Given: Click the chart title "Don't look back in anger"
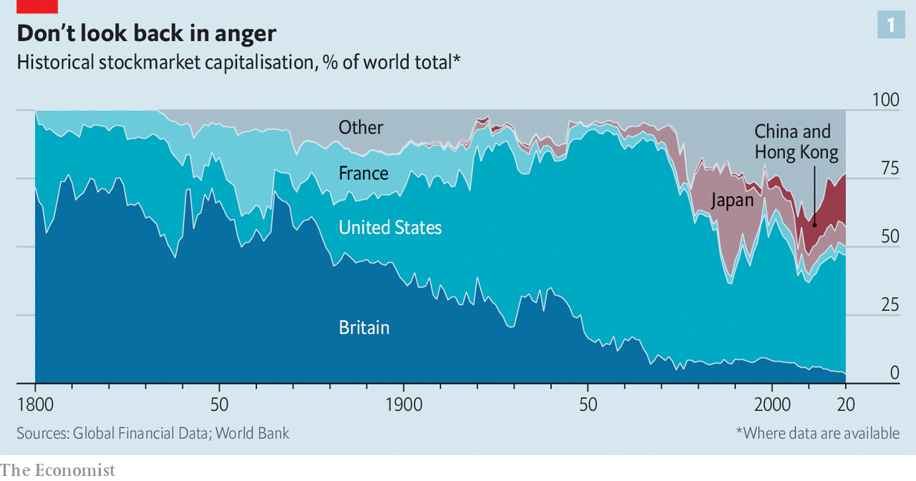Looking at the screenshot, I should pyautogui.click(x=146, y=33).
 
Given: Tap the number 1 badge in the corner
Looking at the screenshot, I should pyautogui.click(x=891, y=26).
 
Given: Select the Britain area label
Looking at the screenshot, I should pyautogui.click(x=364, y=328).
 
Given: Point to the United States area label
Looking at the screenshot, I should pyautogui.click(x=390, y=228).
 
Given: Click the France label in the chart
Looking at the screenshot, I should pyautogui.click(x=364, y=173).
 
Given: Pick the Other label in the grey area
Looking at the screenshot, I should pyautogui.click(x=361, y=127).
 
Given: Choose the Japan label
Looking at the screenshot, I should pyautogui.click(x=732, y=200).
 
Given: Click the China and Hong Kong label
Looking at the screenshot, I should pyautogui.click(x=796, y=142).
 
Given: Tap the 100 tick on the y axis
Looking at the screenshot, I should pyautogui.click(x=885, y=99).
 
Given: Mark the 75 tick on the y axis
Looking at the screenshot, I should pyautogui.click(x=889, y=168).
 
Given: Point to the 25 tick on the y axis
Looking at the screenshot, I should pyautogui.click(x=889, y=305).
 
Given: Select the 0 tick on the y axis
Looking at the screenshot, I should pyautogui.click(x=894, y=373).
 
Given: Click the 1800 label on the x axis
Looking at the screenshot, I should pyautogui.click(x=35, y=404).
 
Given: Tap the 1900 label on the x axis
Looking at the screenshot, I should pyautogui.click(x=403, y=404).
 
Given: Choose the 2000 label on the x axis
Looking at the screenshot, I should pyautogui.click(x=771, y=404).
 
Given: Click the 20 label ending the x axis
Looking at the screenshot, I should pyautogui.click(x=846, y=404).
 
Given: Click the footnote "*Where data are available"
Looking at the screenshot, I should pyautogui.click(x=817, y=433).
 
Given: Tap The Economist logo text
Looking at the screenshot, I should pyautogui.click(x=57, y=470).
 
